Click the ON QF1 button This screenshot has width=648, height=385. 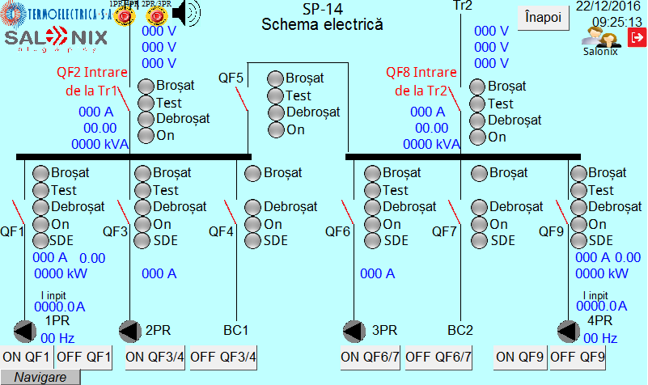(x=27, y=357)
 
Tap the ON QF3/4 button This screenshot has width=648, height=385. (x=156, y=357)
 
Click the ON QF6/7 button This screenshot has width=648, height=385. (x=371, y=357)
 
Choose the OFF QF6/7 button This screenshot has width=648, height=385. (x=438, y=357)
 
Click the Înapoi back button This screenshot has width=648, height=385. (x=542, y=18)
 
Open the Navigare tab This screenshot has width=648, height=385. (x=40, y=377)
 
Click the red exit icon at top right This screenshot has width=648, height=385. (x=637, y=36)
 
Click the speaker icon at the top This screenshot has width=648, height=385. (x=185, y=11)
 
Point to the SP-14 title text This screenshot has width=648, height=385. (x=322, y=9)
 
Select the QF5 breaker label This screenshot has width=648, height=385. (x=231, y=78)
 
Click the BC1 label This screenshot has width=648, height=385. (x=235, y=330)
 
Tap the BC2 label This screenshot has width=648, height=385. (x=460, y=330)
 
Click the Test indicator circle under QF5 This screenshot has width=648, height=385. (x=276, y=95)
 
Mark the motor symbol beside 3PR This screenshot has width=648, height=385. (x=354, y=331)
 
